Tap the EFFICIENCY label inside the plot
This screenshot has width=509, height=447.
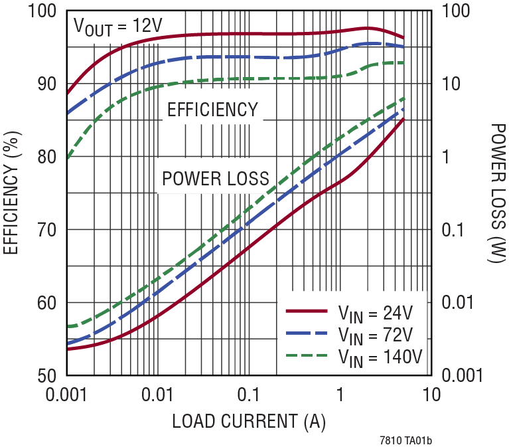coord(212,110)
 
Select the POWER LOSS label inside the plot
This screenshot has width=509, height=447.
coord(216,178)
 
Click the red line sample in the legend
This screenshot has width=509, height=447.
coord(307,311)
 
